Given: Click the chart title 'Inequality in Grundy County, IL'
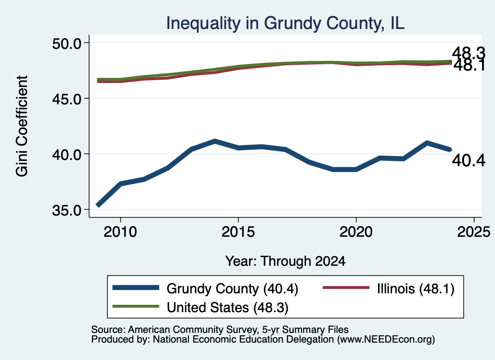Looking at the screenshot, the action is [285, 23].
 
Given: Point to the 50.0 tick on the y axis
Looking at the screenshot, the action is [67, 43].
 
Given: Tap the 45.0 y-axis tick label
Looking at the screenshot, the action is [67, 99].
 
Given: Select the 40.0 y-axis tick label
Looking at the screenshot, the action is [67, 154].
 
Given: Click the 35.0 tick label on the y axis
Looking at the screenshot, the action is [67, 210].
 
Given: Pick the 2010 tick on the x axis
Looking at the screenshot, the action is [120, 232].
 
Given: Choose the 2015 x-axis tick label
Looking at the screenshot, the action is [238, 232].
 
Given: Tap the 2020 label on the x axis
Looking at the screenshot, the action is [356, 232].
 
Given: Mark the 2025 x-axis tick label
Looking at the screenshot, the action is [474, 232].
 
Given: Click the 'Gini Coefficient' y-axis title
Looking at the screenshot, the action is [22, 126].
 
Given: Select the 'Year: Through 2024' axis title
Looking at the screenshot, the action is [285, 261].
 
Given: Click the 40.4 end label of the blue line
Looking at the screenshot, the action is [468, 160].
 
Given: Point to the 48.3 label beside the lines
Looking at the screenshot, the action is [468, 53].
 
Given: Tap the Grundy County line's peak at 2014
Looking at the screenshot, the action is [215, 141].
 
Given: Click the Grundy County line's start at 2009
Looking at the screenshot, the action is [98, 206].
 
